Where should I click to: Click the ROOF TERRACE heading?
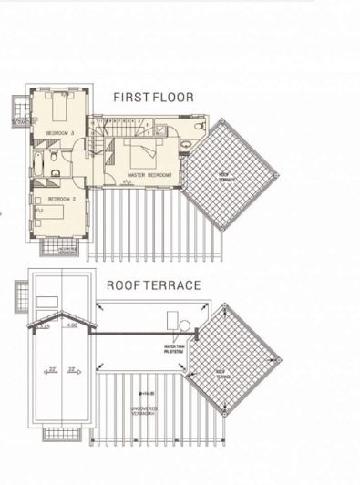click(153, 285)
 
